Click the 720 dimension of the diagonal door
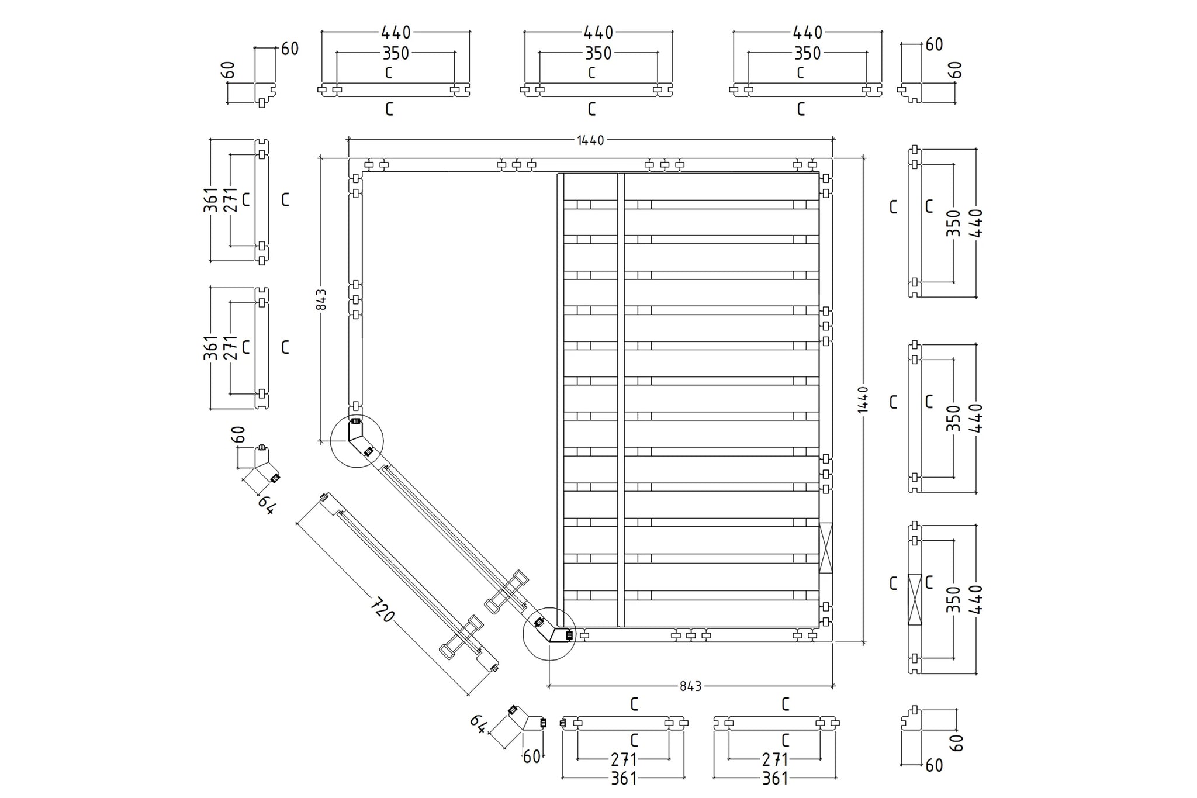383,609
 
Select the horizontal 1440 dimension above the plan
590,140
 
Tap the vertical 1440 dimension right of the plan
864,399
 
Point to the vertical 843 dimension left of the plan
321,299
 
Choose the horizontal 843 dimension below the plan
690,686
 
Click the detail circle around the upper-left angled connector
357,441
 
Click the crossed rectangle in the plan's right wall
826,548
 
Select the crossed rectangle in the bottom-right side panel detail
915,599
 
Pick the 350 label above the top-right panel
807,53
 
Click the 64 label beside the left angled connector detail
266,505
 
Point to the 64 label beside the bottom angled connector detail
478,724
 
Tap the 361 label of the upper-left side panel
211,200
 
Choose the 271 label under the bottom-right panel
775,759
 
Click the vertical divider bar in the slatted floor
621,399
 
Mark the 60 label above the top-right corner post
934,44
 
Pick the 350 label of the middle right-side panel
953,418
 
